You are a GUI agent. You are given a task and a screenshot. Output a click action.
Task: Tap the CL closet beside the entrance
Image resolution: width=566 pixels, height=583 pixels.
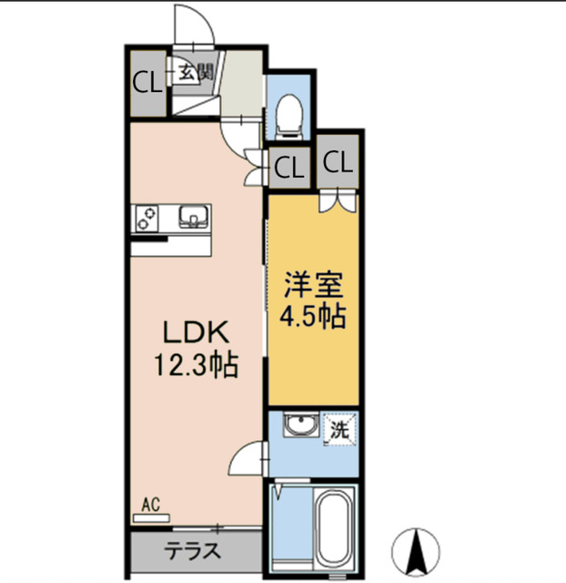(x=147, y=82)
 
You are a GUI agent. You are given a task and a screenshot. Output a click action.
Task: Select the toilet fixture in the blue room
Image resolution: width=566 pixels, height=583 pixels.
(x=289, y=114)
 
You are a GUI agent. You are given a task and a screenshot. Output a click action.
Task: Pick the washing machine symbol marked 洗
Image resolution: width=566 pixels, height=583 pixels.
(x=339, y=430)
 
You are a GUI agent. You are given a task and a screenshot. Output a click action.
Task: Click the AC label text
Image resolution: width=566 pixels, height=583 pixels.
(x=151, y=502)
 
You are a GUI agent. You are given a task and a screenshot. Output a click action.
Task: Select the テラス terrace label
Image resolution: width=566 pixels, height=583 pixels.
(x=191, y=551)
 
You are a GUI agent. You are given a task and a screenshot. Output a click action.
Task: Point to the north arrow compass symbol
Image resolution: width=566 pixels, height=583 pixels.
(x=417, y=549)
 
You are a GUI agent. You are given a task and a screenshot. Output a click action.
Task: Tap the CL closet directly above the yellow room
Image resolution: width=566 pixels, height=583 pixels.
(x=336, y=164)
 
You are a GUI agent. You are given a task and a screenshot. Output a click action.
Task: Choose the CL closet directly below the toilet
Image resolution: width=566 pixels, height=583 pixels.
(x=288, y=168)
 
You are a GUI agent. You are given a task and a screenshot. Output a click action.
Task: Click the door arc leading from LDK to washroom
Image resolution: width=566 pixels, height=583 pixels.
(x=247, y=460)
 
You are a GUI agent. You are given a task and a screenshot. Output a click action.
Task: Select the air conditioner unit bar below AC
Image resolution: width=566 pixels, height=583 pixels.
(x=151, y=517)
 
